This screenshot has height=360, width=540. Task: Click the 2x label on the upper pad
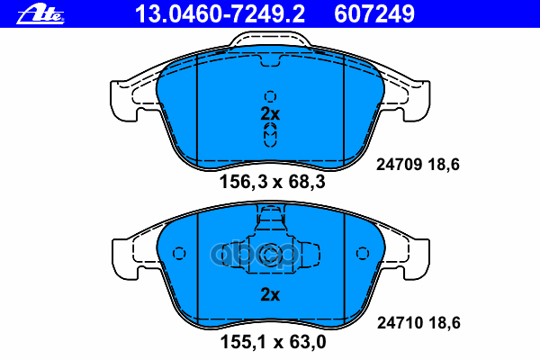click(x=270, y=114)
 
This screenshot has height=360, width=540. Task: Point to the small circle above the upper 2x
click(x=270, y=97)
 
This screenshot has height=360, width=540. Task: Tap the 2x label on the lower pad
click(x=270, y=294)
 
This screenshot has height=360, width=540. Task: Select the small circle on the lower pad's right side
click(x=363, y=253)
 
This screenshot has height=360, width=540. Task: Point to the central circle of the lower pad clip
click(x=270, y=256)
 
